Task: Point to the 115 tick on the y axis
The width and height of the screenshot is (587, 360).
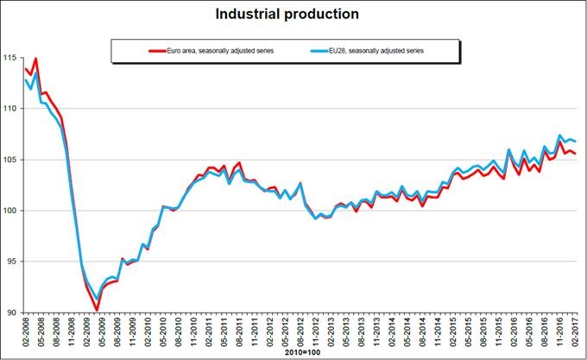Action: pos(10,58)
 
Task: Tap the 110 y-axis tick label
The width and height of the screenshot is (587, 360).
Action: pos(10,109)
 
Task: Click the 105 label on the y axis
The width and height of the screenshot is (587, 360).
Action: pos(10,160)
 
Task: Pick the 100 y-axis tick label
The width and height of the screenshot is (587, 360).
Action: pos(10,211)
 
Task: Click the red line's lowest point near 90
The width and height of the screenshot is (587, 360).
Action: pos(97,310)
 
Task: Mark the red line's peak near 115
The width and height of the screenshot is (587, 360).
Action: pos(35,59)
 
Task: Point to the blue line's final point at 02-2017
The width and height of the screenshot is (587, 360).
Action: pos(575,141)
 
